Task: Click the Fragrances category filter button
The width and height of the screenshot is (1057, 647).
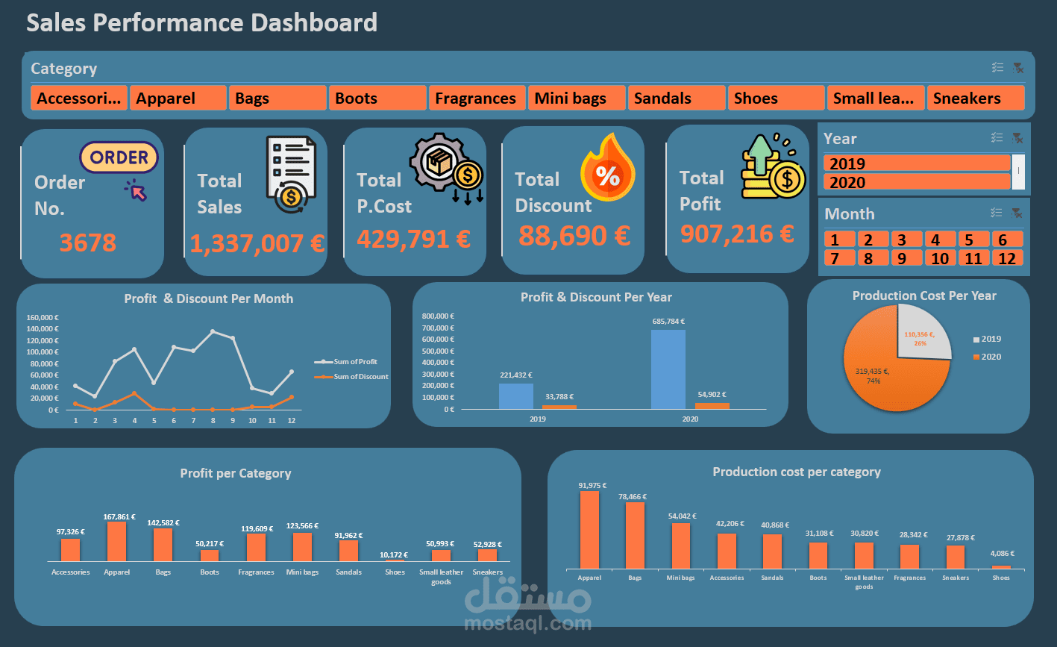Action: click(476, 99)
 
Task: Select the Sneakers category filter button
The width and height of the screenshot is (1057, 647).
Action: click(975, 99)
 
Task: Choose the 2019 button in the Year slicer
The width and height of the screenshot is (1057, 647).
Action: click(917, 163)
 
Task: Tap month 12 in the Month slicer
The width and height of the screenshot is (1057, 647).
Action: click(1007, 258)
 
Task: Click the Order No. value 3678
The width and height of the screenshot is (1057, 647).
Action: click(88, 243)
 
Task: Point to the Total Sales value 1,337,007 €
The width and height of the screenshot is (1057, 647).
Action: click(257, 243)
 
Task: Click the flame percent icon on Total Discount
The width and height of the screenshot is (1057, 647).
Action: click(608, 175)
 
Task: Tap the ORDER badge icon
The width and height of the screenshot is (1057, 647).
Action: click(119, 157)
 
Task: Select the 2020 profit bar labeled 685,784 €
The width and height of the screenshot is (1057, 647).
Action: click(668, 369)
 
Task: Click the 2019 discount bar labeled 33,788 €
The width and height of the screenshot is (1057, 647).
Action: click(559, 407)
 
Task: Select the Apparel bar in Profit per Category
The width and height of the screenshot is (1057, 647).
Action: click(116, 542)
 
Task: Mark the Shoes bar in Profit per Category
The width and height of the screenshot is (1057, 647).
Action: click(395, 560)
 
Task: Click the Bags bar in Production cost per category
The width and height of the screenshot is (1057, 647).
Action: click(635, 535)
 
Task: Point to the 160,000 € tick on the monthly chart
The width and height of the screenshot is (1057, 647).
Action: click(43, 317)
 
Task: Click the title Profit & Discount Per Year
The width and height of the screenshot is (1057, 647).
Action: click(596, 297)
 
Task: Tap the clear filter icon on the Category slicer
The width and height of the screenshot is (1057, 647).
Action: click(1017, 68)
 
